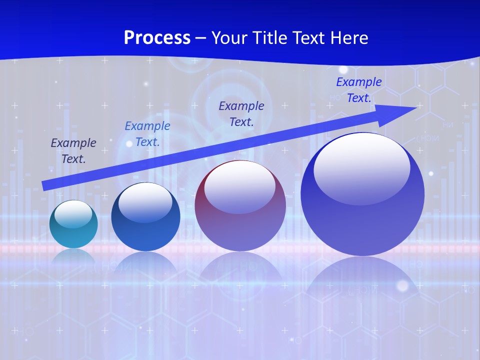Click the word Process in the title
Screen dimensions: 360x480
tap(157, 38)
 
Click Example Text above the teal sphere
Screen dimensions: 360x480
tap(73, 150)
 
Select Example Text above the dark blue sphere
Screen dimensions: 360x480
tap(147, 134)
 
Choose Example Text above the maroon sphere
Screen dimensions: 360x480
tap(241, 113)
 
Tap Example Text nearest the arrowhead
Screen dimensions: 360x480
tap(358, 90)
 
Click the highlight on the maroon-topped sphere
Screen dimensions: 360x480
tap(239, 187)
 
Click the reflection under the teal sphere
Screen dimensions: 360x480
tap(73, 257)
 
